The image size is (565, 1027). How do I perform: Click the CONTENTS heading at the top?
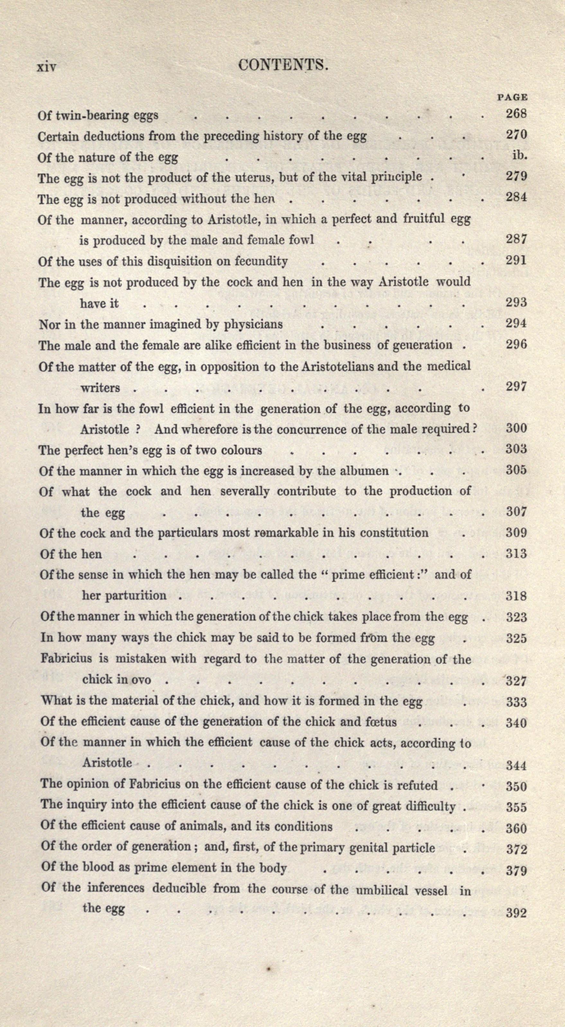[x=283, y=65]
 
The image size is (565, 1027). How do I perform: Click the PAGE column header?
[x=512, y=97]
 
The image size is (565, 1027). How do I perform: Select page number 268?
[x=516, y=114]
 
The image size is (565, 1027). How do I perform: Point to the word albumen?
[x=367, y=471]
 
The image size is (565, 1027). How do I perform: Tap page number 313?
[x=516, y=553]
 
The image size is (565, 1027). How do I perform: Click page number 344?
[x=516, y=766]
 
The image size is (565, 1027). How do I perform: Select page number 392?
[x=516, y=913]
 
